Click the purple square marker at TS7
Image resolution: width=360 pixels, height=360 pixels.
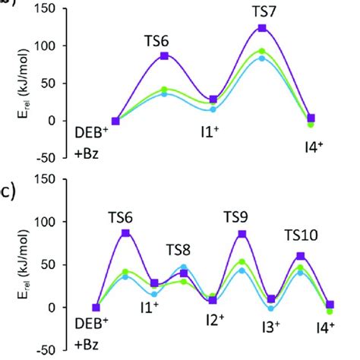pyautogui.click(x=262, y=28)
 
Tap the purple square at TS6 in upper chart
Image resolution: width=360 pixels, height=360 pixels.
pyautogui.click(x=164, y=55)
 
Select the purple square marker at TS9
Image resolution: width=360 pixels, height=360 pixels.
pyautogui.click(x=242, y=234)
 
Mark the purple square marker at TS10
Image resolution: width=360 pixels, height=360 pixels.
pyautogui.click(x=301, y=256)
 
